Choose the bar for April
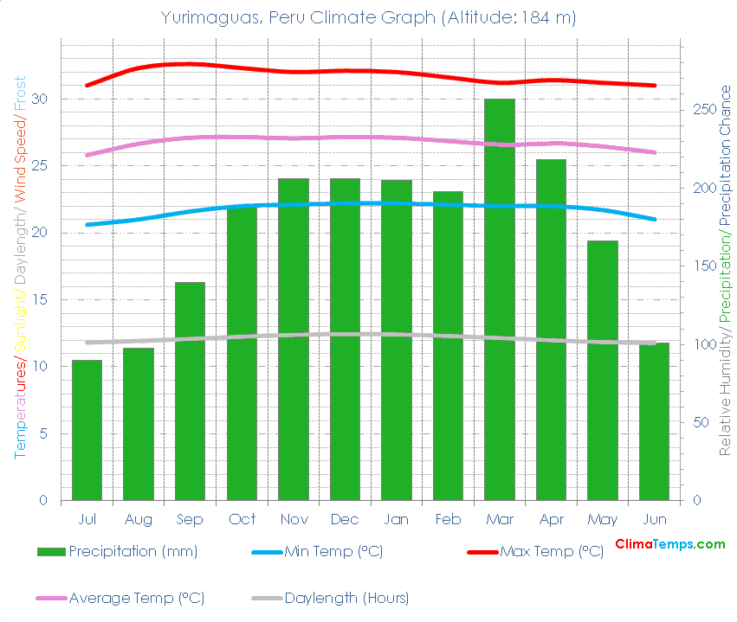pyautogui.click(x=551, y=330)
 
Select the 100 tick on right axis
pyautogui.click(x=701, y=344)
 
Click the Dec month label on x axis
pyautogui.click(x=345, y=519)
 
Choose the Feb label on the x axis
pyautogui.click(x=448, y=519)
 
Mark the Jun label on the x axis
pyautogui.click(x=655, y=519)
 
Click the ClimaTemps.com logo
pyautogui.click(x=669, y=544)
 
